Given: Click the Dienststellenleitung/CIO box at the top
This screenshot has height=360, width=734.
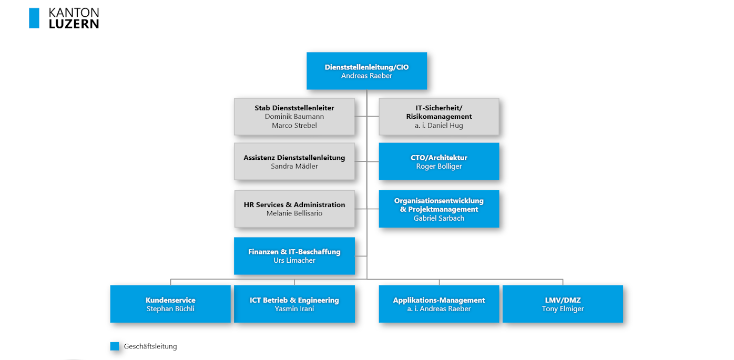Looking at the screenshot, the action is tap(366, 71).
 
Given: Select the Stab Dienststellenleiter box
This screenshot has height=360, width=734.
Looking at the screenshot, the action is tap(294, 116).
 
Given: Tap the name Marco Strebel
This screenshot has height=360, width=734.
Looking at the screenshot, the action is tap(294, 126).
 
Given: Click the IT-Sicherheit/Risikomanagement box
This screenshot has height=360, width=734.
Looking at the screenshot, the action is tap(439, 116).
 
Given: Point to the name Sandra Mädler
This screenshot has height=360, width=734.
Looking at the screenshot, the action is tap(294, 167).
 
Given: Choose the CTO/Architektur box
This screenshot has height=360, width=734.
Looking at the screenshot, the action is tap(439, 161).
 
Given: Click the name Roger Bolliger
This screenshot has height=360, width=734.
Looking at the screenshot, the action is tap(439, 167).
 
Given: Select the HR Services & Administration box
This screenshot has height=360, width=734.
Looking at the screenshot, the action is tap(294, 209).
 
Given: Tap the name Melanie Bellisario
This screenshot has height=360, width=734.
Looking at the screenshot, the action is tap(294, 213).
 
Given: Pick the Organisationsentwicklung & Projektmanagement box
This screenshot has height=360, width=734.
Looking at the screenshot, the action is tap(439, 209).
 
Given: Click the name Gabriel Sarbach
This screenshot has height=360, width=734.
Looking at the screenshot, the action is tap(439, 218).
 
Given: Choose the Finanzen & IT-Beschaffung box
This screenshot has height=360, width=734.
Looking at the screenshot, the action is tap(294, 256).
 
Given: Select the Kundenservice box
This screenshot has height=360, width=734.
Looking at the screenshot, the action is tap(170, 304).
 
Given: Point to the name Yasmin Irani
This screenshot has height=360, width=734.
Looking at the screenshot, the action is tap(294, 308).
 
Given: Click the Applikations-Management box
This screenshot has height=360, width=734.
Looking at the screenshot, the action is tap(439, 304).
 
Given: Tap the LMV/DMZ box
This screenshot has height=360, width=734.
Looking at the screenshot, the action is tap(563, 304).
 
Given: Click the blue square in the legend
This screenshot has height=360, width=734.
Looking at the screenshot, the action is tap(115, 346).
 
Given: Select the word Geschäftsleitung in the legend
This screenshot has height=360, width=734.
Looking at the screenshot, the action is tap(150, 346).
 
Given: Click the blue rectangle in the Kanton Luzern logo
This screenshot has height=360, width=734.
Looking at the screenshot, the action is tap(34, 18).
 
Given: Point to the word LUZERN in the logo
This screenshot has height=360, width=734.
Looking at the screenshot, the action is tap(74, 24).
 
